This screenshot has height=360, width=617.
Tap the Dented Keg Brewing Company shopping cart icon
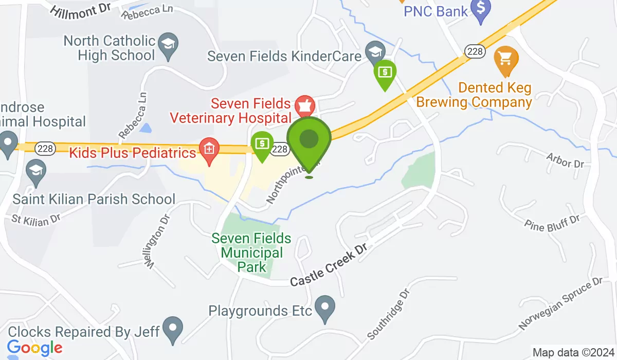point(505,60)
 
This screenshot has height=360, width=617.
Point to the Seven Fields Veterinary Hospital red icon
point(305,104)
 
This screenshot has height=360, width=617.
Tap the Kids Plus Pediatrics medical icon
point(209,151)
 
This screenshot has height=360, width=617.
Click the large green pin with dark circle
point(308,139)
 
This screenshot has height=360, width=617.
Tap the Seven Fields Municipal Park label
point(251,253)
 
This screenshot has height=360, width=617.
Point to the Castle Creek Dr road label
point(329,266)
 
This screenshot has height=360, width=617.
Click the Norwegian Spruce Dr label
point(560,304)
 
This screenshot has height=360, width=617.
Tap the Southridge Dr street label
point(388,314)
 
